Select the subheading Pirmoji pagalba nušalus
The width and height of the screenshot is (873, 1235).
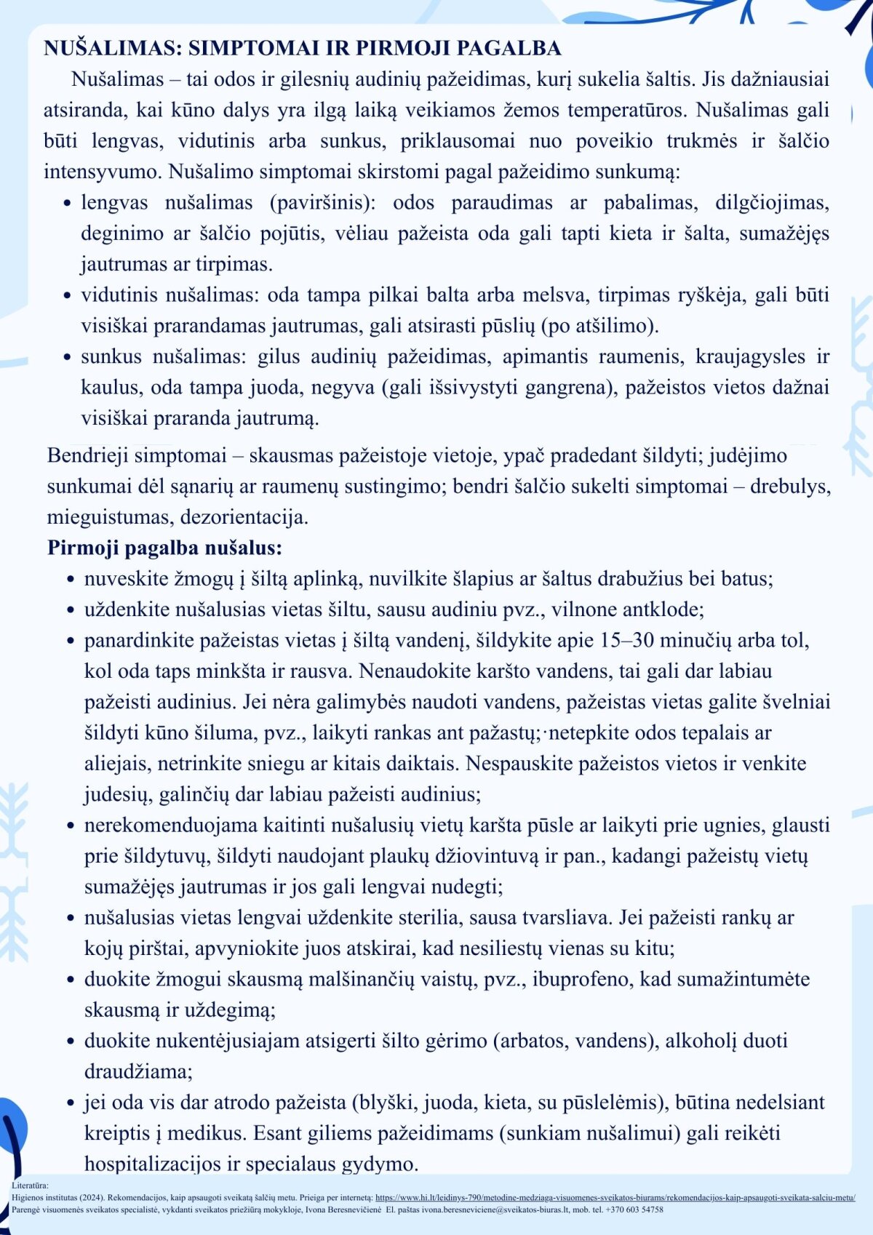click(x=164, y=548)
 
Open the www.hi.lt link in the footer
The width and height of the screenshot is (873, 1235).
click(x=615, y=1197)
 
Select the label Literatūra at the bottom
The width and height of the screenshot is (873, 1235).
click(x=30, y=1186)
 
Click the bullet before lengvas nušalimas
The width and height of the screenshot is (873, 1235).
click(x=67, y=204)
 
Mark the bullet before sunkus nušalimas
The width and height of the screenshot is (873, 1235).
click(x=67, y=358)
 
